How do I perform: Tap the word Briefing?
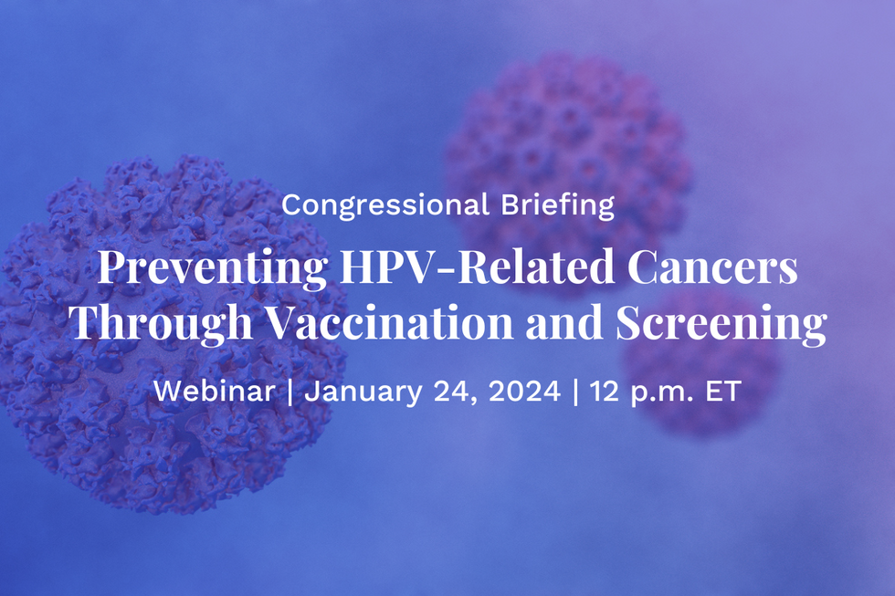tap(558, 205)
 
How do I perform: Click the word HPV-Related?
tap(477, 266)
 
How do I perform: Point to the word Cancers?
tap(712, 267)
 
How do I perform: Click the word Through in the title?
tap(161, 322)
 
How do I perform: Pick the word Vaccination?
tap(390, 321)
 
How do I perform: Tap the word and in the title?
tap(564, 321)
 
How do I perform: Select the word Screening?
tap(721, 323)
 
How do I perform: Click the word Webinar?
tap(214, 392)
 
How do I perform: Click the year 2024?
tap(524, 392)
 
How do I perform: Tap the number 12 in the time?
tap(605, 392)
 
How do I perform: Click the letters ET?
tap(723, 392)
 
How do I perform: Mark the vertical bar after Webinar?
tap(290, 392)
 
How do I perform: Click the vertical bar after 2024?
tap(575, 392)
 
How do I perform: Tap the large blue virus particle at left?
tap(172, 335)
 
